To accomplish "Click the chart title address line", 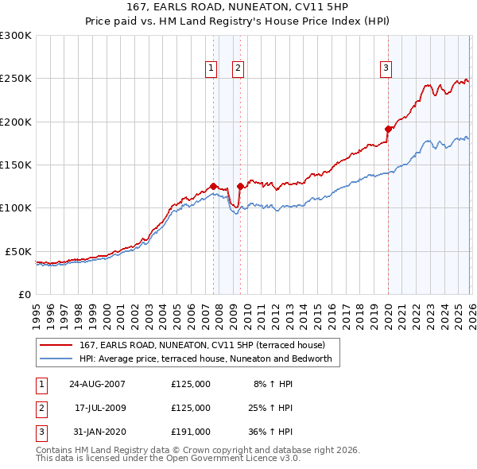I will pyautogui.click(x=238, y=7).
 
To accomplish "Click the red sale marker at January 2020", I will pyautogui.click(x=388, y=129).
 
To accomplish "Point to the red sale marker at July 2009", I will pyautogui.click(x=240, y=186).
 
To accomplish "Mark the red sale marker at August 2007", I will pyautogui.click(x=213, y=186).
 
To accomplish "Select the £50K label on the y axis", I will pyautogui.click(x=18, y=251).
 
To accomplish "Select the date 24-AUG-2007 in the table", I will pyautogui.click(x=97, y=384).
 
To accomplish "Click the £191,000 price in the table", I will pyautogui.click(x=191, y=432).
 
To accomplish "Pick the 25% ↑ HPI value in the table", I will pyautogui.click(x=272, y=408).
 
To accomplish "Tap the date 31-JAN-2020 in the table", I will pyautogui.click(x=97, y=432).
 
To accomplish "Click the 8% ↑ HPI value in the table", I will pyautogui.click(x=273, y=384).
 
